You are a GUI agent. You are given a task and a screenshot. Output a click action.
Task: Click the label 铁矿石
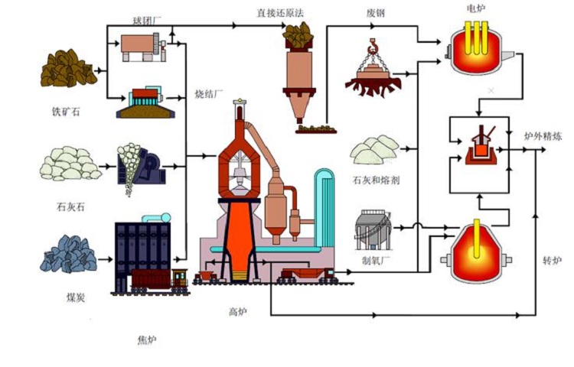point(65,112)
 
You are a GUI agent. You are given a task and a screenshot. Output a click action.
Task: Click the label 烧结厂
point(209,94)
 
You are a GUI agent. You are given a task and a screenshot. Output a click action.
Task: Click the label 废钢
point(375,13)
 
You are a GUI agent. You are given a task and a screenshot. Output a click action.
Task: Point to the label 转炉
point(552,261)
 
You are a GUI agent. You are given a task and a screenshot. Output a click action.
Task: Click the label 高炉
point(238,311)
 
